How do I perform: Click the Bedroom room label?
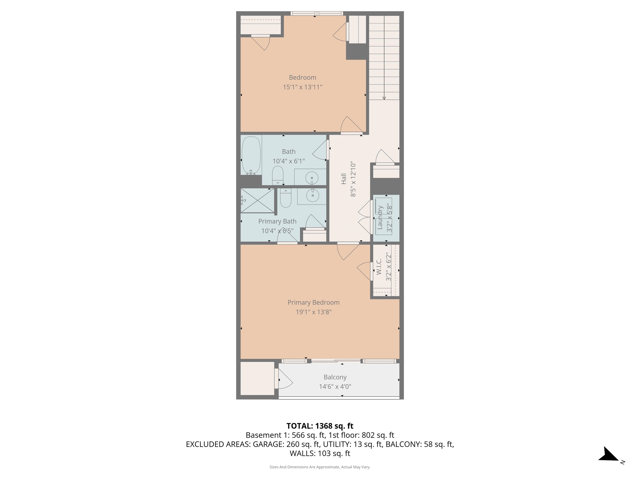(x=302, y=77)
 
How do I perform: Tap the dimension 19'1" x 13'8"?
(x=313, y=312)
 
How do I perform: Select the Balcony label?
(x=335, y=377)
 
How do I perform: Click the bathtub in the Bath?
(x=251, y=155)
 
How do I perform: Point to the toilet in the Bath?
(x=277, y=175)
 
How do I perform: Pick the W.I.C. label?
(x=379, y=266)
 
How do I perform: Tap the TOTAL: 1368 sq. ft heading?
(x=320, y=426)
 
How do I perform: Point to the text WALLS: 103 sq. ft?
(x=320, y=453)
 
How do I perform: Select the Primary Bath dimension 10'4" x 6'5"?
(x=277, y=231)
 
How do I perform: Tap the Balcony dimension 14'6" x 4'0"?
(x=335, y=386)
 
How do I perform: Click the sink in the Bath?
(x=312, y=178)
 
